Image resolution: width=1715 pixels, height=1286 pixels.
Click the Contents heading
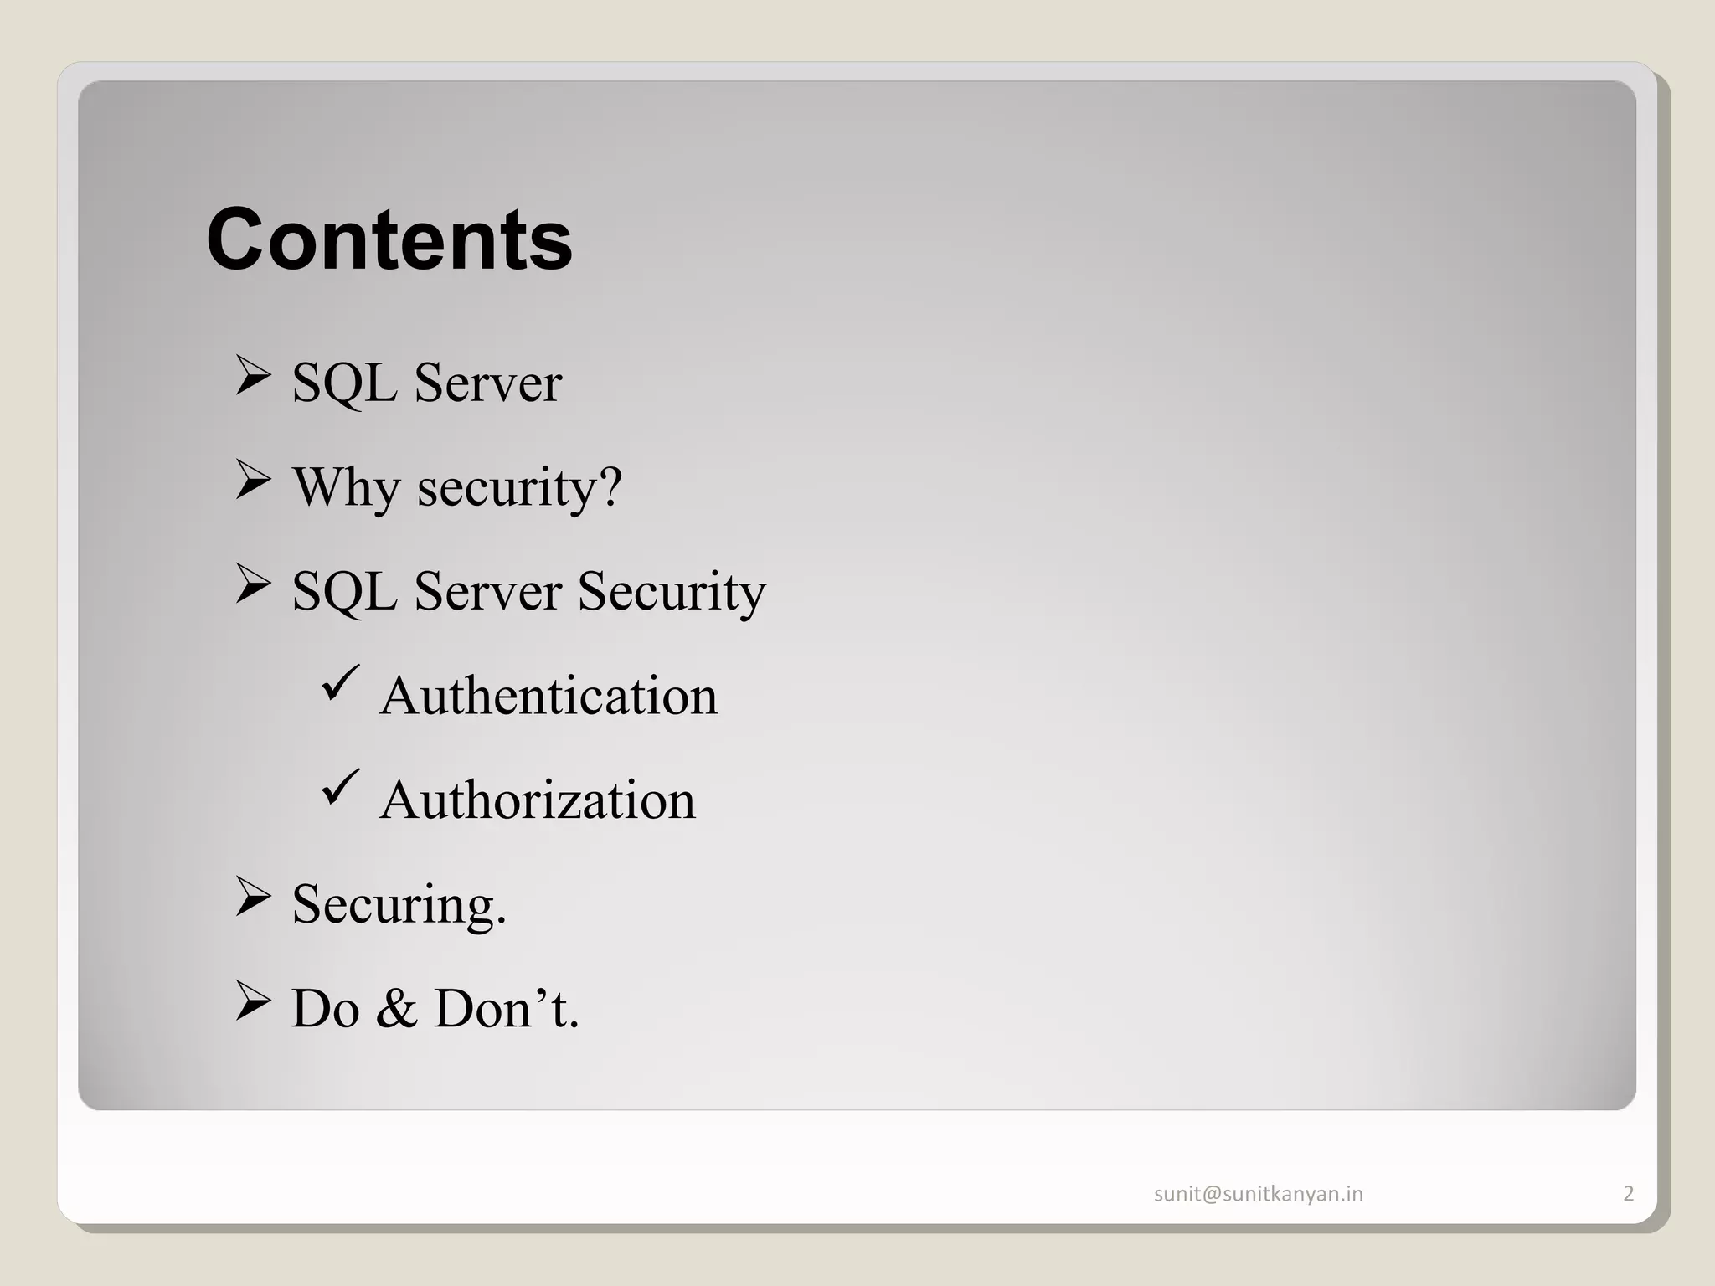pos(389,240)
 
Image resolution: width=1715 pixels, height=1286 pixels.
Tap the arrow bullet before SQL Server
pos(253,376)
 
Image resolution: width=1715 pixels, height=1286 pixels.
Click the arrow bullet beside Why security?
pos(253,481)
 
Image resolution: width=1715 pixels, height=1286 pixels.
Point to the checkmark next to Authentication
pos(340,683)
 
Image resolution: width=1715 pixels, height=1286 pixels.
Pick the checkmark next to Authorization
pos(340,788)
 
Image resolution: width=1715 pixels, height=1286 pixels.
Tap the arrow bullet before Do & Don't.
pos(253,1001)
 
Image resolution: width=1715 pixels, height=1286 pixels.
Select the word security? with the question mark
pos(520,487)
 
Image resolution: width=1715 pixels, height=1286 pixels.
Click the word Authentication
pos(548,696)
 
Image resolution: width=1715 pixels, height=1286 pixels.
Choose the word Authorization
pos(537,800)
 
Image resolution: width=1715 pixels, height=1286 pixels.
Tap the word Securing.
pos(399,905)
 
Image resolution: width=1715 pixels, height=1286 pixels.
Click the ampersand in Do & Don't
pos(397,1009)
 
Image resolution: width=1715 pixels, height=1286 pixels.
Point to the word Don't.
pos(506,1009)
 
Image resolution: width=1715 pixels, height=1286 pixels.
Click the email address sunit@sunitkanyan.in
pos(1258,1194)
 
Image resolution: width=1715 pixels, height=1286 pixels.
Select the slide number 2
pos(1628,1194)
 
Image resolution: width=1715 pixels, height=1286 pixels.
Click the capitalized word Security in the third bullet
pos(672,592)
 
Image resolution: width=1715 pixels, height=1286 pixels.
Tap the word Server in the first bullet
pos(487,383)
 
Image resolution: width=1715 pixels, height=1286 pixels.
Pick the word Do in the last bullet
pos(325,1009)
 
